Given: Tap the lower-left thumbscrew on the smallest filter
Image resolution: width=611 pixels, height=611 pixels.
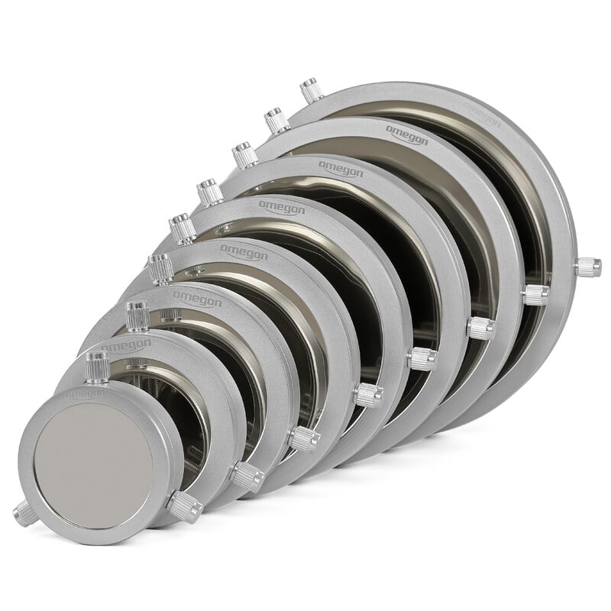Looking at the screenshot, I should point(18,511).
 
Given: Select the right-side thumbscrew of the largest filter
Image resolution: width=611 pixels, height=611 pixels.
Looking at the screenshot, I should point(589,267).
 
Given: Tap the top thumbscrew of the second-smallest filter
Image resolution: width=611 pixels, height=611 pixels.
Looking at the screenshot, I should point(137,313).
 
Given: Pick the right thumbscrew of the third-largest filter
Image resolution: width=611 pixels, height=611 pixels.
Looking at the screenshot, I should point(481,328).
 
